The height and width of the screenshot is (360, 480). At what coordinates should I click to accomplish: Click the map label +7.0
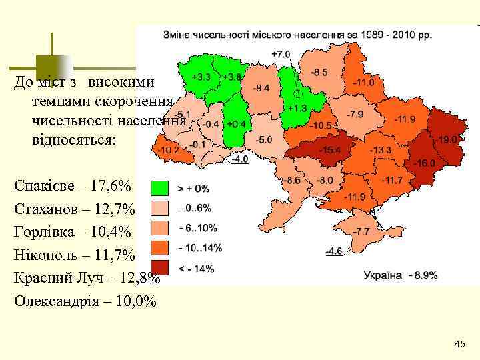[281, 53]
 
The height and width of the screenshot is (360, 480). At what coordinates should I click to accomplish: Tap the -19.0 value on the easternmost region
[449, 140]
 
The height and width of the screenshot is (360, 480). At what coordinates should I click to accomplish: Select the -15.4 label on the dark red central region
[329, 150]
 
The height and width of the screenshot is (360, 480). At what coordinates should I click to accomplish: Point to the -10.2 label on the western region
[167, 150]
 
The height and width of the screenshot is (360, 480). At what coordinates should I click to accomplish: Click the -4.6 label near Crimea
[333, 251]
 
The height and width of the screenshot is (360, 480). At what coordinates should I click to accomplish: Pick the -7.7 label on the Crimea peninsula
[361, 231]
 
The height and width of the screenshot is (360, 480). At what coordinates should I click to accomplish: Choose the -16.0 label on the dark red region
[424, 163]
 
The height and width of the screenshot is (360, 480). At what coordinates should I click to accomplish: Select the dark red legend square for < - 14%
[160, 268]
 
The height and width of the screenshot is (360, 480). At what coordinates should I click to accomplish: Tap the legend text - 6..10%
[197, 228]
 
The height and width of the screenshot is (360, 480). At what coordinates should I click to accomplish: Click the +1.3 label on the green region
[297, 107]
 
